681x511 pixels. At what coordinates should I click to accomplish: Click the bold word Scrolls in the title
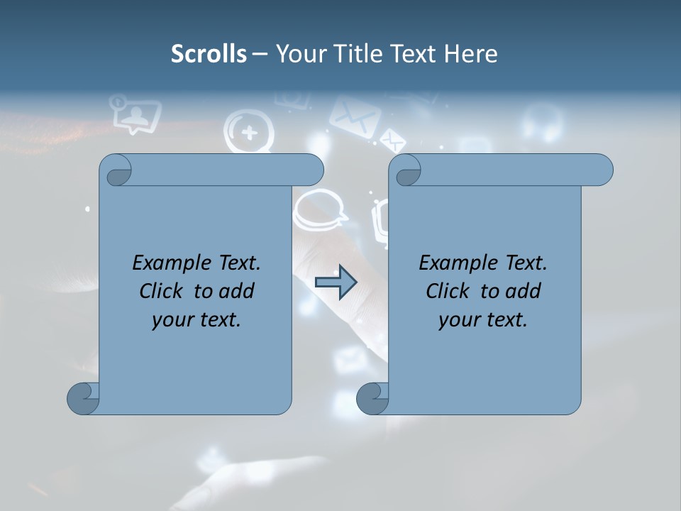[209, 54]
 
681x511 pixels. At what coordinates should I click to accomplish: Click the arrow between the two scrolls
[336, 282]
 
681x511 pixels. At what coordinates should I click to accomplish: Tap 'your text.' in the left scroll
[196, 319]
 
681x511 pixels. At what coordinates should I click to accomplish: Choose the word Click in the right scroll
[448, 291]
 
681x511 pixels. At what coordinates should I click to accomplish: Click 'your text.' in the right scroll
[483, 319]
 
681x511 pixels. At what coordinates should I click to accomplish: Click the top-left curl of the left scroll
[116, 171]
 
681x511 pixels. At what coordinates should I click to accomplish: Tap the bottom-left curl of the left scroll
[83, 398]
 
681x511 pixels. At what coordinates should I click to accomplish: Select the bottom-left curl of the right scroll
[372, 398]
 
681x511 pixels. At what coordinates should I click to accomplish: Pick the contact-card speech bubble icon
[135, 114]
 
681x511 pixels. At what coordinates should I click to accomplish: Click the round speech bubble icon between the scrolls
[321, 210]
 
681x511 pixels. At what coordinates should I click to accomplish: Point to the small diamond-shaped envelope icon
[392, 140]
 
